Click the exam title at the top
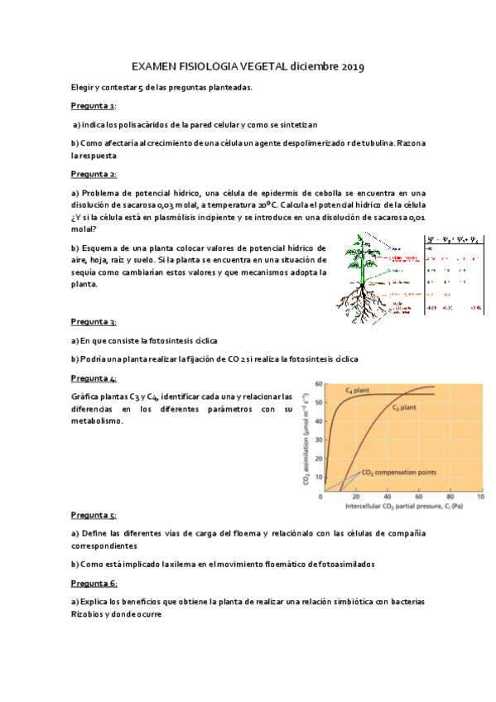[248, 66]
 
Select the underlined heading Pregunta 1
[93, 106]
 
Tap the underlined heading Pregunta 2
[93, 174]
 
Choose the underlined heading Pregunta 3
[93, 321]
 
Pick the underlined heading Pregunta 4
[93, 377]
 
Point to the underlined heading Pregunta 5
[93, 514]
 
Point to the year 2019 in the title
[350, 66]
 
